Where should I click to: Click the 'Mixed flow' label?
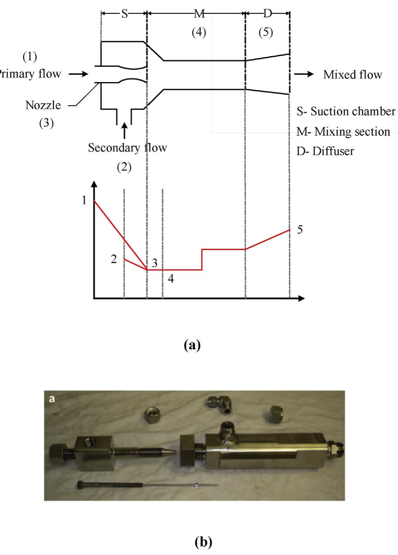[352, 75]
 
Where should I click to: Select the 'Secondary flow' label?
[127, 148]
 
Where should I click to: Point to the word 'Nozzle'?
[43, 105]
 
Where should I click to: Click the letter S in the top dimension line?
[124, 14]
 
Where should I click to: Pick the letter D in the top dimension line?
[267, 14]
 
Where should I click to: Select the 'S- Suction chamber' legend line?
[345, 111]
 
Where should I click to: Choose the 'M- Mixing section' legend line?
[343, 131]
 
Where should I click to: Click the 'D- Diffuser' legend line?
[325, 151]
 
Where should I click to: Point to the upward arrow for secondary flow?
[124, 130]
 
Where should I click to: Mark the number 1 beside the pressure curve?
[84, 200]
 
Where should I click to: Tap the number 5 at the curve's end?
[300, 230]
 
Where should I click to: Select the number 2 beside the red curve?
[114, 259]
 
